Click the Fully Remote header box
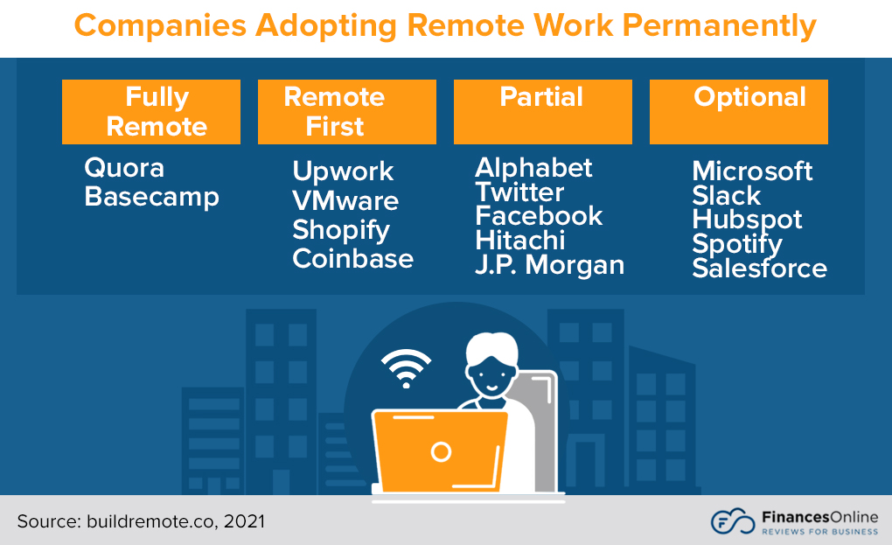point(151,112)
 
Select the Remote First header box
point(346,112)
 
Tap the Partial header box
point(542,112)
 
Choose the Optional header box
point(738,112)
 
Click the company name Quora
point(124,168)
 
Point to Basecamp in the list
point(151,197)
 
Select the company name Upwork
point(343,171)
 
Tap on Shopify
point(341,230)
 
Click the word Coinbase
point(352,259)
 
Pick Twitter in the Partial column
point(519,192)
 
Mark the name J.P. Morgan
point(549,265)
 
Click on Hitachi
point(519,241)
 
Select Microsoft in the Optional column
point(752,171)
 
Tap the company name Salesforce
point(759,269)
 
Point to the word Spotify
point(736,245)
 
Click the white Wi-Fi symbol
point(406,368)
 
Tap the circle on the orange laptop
point(442,451)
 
